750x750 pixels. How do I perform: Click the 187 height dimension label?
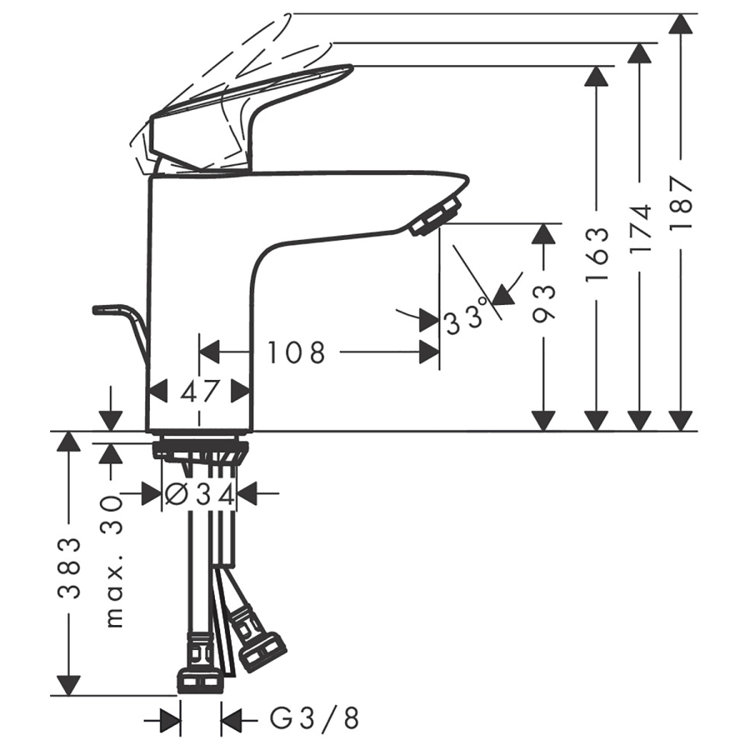click(681, 203)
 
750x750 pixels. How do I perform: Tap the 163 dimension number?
click(597, 254)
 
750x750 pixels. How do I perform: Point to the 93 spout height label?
click(544, 303)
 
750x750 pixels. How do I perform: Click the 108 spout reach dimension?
click(296, 352)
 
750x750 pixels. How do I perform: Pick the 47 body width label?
click(199, 392)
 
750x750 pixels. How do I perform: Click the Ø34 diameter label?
click(199, 494)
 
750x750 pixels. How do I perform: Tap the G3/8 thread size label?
click(315, 718)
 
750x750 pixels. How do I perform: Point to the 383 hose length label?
click(69, 568)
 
